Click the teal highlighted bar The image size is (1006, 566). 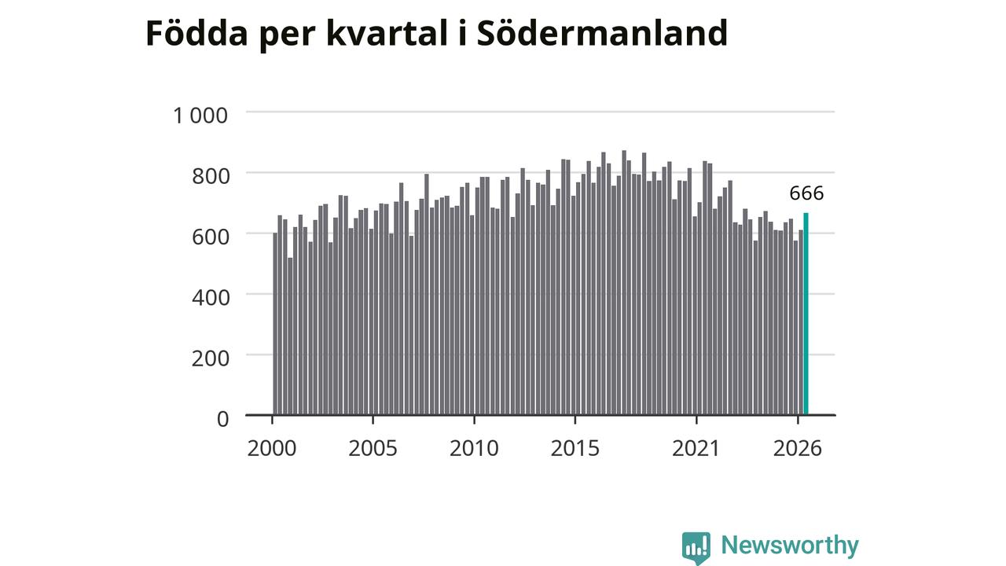806,314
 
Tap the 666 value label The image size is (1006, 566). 806,193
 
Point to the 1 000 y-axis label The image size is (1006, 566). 200,116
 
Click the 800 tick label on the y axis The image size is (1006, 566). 211,176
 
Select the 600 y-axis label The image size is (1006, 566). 211,237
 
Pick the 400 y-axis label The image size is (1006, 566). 211,297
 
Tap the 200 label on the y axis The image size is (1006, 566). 211,358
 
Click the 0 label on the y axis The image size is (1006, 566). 222,419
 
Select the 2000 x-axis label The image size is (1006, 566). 272,448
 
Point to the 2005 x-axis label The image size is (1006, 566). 373,448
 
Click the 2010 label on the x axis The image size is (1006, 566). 474,448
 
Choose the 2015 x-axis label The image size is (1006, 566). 575,448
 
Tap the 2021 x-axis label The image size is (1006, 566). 696,448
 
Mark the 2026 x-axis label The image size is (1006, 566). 797,448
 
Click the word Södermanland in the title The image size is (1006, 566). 602,33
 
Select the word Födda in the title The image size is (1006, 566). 196,33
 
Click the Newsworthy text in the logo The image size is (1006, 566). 790,545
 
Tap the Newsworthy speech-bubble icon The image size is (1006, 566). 696,548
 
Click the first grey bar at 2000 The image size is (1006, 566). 275,324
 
